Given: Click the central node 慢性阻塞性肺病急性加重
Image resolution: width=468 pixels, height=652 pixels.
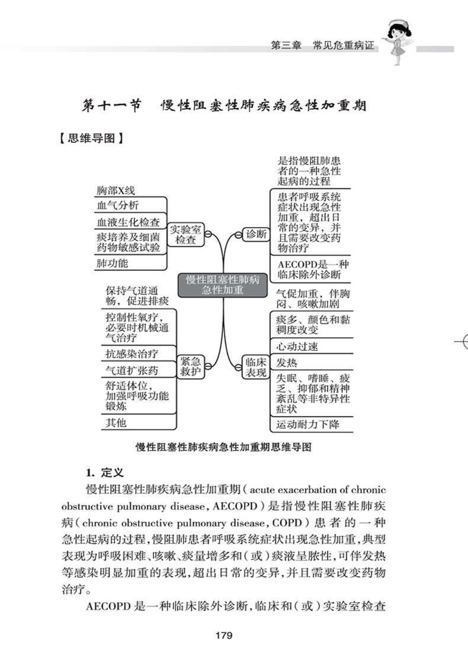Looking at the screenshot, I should tap(223, 285).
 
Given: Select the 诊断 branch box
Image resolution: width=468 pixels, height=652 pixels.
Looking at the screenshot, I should tap(256, 234).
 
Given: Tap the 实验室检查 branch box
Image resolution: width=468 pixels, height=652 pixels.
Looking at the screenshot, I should tap(185, 234).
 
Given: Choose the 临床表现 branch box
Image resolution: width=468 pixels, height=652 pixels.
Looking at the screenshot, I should tap(256, 366).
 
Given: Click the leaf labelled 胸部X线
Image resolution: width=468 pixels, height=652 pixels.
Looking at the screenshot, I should tap(116, 191).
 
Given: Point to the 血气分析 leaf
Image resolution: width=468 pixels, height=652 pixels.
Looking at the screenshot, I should tap(117, 206).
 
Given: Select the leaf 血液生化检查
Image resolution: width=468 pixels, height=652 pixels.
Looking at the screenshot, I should tap(128, 222).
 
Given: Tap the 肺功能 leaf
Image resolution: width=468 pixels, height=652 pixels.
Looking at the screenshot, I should tap(112, 263).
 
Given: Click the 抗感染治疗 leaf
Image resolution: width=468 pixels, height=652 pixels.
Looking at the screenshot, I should tap(132, 354).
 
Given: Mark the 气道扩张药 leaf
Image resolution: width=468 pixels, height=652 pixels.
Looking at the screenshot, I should tap(132, 370).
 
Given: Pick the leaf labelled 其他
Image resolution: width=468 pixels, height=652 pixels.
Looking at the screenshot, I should tap(116, 423).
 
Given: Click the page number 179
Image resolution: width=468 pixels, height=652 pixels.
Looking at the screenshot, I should tap(223, 635).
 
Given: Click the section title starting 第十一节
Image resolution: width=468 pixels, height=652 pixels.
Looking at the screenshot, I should tap(223, 106).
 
